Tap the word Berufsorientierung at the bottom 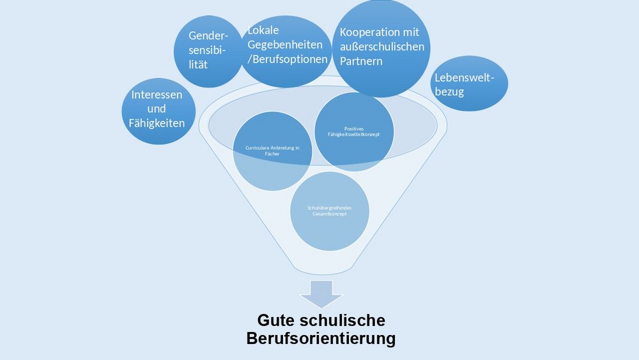click(x=321, y=338)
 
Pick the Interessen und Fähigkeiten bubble click(x=157, y=109)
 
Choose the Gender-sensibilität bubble click(x=208, y=51)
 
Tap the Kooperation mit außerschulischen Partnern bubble click(x=381, y=49)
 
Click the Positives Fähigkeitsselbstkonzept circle click(x=355, y=131)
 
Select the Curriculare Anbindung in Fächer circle click(x=272, y=151)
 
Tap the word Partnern click(x=361, y=61)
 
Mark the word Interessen click(x=157, y=95)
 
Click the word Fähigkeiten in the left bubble click(x=157, y=123)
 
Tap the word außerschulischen click(x=381, y=47)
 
